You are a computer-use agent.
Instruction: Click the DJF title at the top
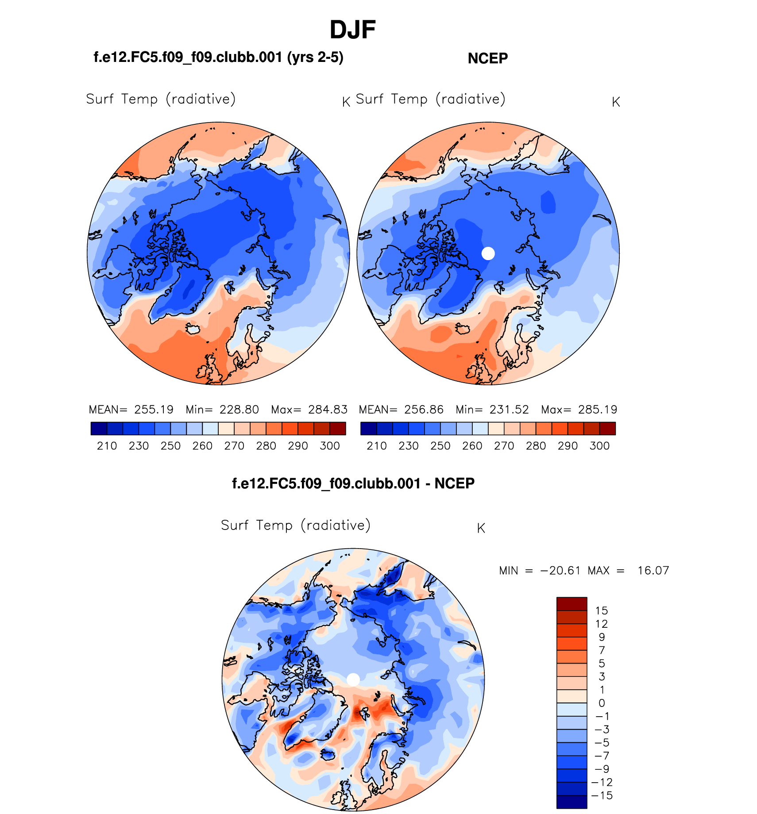click(x=352, y=30)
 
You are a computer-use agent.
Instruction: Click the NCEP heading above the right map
click(x=487, y=58)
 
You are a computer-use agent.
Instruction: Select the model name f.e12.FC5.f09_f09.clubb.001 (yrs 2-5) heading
click(x=218, y=58)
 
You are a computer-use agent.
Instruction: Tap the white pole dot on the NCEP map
click(x=488, y=253)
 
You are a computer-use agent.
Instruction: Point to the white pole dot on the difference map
click(x=353, y=680)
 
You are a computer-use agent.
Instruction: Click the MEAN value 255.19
click(x=154, y=410)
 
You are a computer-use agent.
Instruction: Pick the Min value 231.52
click(x=509, y=410)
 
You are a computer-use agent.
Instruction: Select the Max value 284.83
click(x=328, y=410)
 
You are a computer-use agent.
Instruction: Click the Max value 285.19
click(x=598, y=410)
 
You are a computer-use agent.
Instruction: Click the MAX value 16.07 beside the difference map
click(x=653, y=571)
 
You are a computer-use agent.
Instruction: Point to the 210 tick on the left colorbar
click(x=107, y=446)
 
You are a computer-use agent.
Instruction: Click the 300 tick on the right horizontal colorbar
click(x=599, y=446)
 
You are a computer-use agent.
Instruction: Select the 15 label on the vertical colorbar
click(x=602, y=611)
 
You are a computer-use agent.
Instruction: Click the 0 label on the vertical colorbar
click(x=602, y=703)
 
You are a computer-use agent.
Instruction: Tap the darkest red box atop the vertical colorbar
click(x=572, y=604)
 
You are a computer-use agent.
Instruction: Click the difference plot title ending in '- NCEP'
click(x=353, y=484)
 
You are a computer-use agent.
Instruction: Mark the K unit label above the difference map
click(x=481, y=528)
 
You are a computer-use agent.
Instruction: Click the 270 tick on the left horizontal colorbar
click(x=234, y=446)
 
